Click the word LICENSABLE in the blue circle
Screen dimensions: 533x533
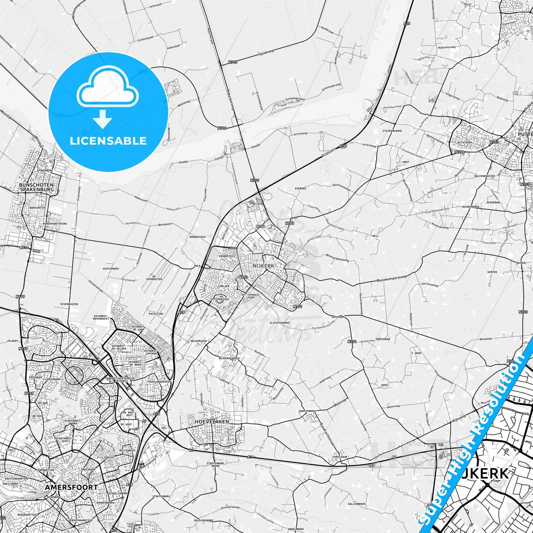(108, 141)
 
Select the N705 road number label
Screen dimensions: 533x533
(233, 62)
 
